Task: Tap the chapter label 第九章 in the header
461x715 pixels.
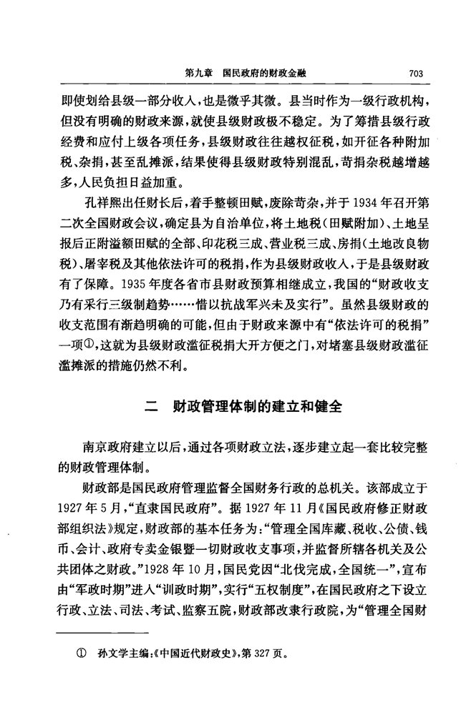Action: coord(198,72)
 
